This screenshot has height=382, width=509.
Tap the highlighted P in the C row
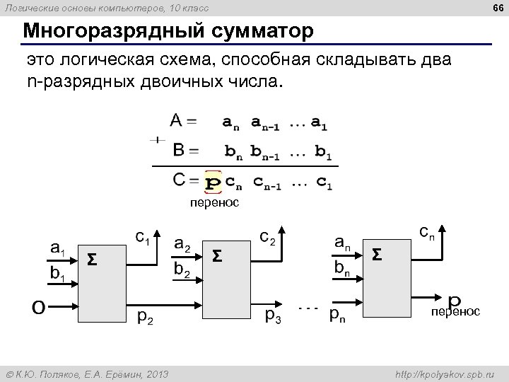point(212,183)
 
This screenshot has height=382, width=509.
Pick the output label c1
point(142,238)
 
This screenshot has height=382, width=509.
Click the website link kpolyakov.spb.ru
point(445,373)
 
